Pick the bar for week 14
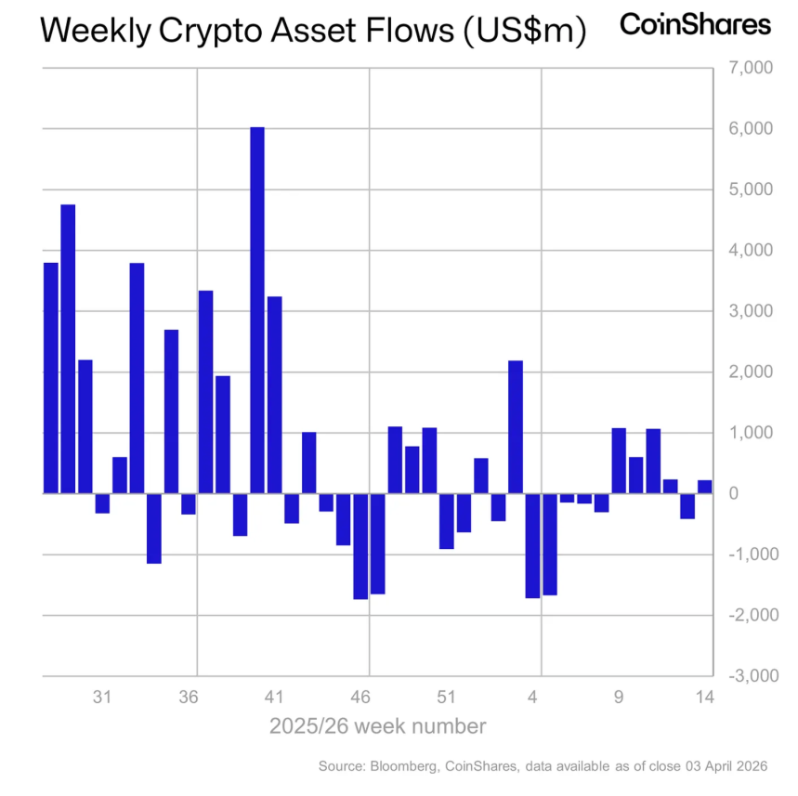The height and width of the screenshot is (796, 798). coord(704,487)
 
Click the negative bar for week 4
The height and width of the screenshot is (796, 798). coord(532,545)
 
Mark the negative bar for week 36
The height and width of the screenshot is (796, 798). coord(189,503)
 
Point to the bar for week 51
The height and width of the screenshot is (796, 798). coord(446,521)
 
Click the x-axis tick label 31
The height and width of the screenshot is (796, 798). coord(103,697)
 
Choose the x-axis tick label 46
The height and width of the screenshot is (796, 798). coord(361,697)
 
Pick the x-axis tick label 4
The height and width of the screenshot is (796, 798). coord(533,697)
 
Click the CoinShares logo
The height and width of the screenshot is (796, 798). coord(695,25)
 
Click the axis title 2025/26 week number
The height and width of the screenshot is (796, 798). coord(377,725)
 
